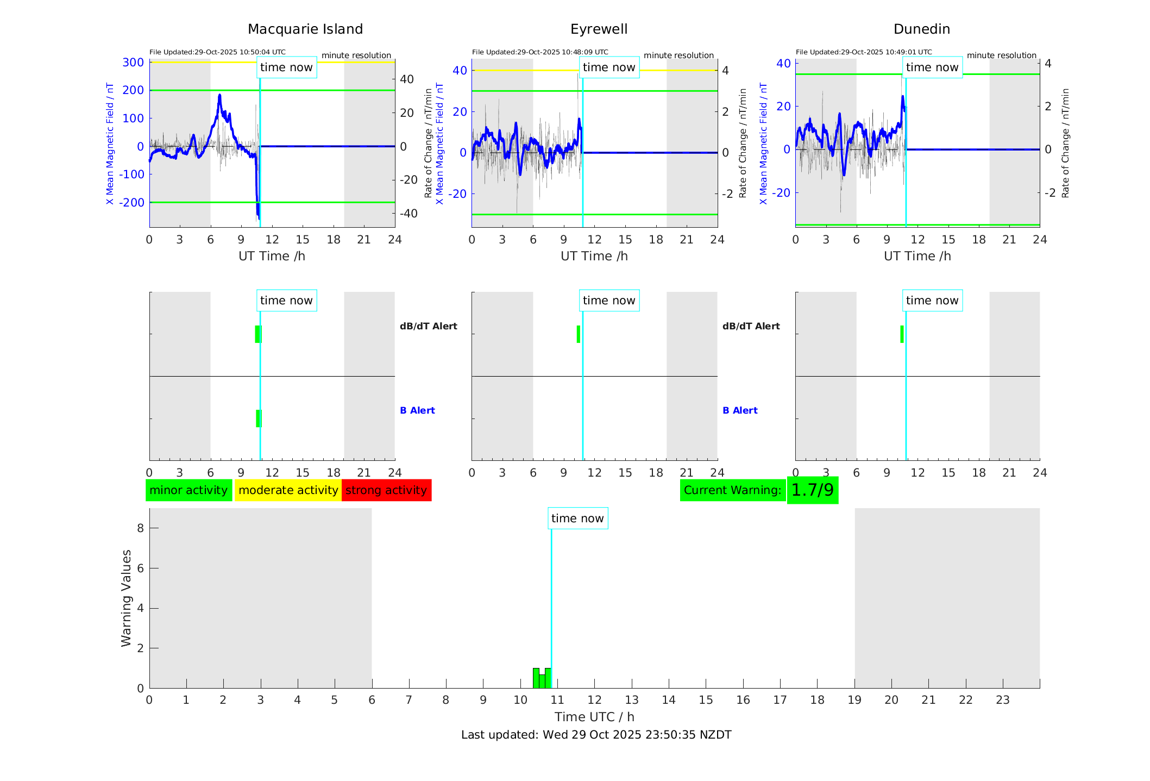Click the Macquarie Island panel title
(x=305, y=29)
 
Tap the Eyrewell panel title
(x=599, y=29)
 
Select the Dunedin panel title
(x=921, y=29)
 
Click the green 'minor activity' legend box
(x=188, y=490)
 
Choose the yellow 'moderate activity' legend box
(x=288, y=490)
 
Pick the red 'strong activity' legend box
(x=386, y=490)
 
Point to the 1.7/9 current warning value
(x=812, y=490)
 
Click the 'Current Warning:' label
(x=732, y=490)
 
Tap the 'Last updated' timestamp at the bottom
(x=596, y=735)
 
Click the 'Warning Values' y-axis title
(x=126, y=598)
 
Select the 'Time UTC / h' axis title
(x=594, y=717)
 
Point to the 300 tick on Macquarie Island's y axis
(x=133, y=63)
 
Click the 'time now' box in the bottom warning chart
(x=577, y=518)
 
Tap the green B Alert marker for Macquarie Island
(x=259, y=418)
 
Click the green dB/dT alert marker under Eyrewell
(x=579, y=334)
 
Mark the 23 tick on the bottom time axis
(x=1002, y=700)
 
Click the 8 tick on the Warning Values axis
(x=141, y=528)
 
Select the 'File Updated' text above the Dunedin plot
(x=864, y=52)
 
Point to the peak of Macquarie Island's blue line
(x=219, y=96)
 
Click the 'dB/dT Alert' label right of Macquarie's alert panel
(x=428, y=326)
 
